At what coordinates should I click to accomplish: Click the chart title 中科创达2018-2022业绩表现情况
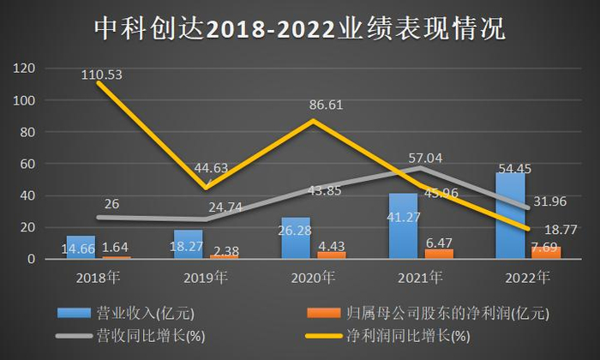(300, 27)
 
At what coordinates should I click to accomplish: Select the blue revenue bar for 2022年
(511, 214)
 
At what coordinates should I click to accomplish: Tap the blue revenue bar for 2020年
(295, 237)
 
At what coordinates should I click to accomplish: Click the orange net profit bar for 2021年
(439, 254)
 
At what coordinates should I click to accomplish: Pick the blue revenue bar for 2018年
(81, 247)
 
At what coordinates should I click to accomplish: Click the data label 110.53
(102, 75)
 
